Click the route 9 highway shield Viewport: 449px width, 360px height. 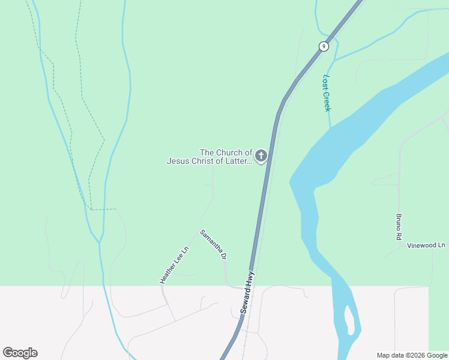[324, 46]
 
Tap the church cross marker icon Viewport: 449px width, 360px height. [261, 157]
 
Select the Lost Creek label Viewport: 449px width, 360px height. [327, 92]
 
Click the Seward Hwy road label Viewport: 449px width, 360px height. [247, 292]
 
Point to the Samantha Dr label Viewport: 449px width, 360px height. [213, 244]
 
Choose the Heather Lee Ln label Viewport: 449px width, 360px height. [174, 265]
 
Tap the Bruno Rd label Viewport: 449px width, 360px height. [398, 227]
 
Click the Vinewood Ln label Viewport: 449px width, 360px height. [427, 245]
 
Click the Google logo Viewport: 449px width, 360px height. [20, 353]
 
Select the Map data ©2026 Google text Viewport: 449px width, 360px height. [412, 355]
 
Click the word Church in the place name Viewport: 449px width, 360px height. [229, 152]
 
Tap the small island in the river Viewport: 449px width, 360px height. [349, 321]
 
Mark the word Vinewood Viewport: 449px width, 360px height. [421, 245]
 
